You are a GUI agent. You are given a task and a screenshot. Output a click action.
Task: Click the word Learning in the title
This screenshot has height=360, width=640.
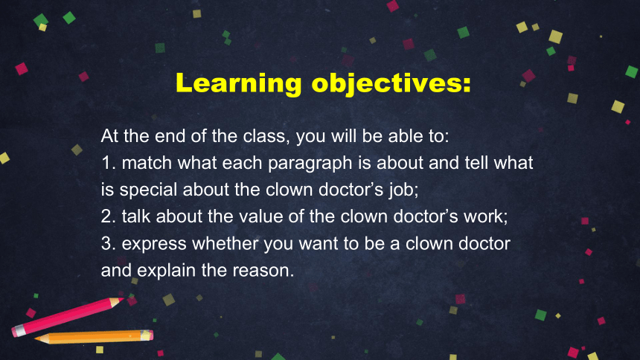point(239,84)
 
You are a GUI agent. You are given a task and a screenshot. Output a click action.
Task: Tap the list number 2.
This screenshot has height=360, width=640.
point(108,216)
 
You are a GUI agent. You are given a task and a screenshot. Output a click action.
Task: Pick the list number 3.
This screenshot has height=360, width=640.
point(108,244)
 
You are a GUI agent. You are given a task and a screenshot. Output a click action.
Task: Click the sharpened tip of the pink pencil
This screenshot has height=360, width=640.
point(123,300)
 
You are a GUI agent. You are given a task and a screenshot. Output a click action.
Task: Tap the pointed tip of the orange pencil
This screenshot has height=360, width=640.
point(36,338)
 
